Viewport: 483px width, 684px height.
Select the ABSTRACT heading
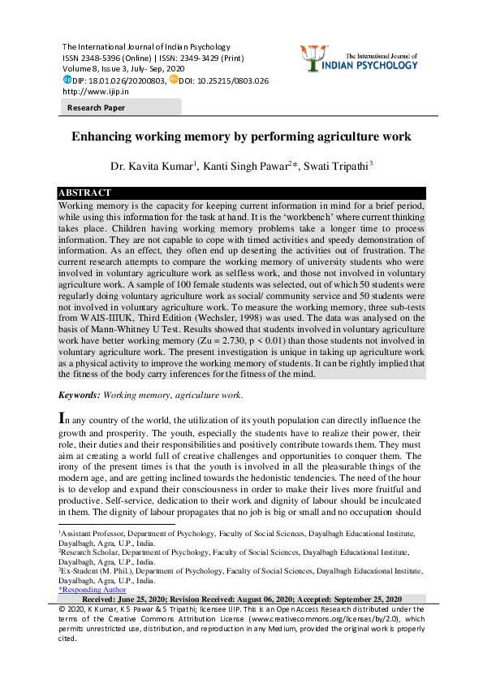[x=84, y=193]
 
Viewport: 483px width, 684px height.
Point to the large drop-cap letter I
[x=63, y=419]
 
